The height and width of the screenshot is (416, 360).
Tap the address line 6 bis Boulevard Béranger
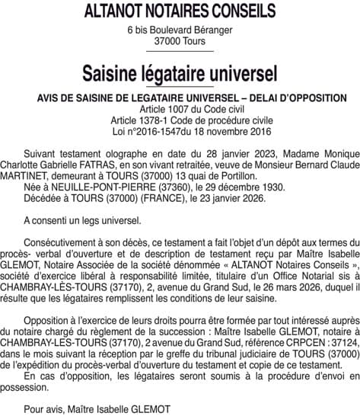pyautogui.click(x=180, y=30)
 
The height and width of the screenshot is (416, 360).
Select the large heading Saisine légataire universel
pyautogui.click(x=180, y=75)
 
